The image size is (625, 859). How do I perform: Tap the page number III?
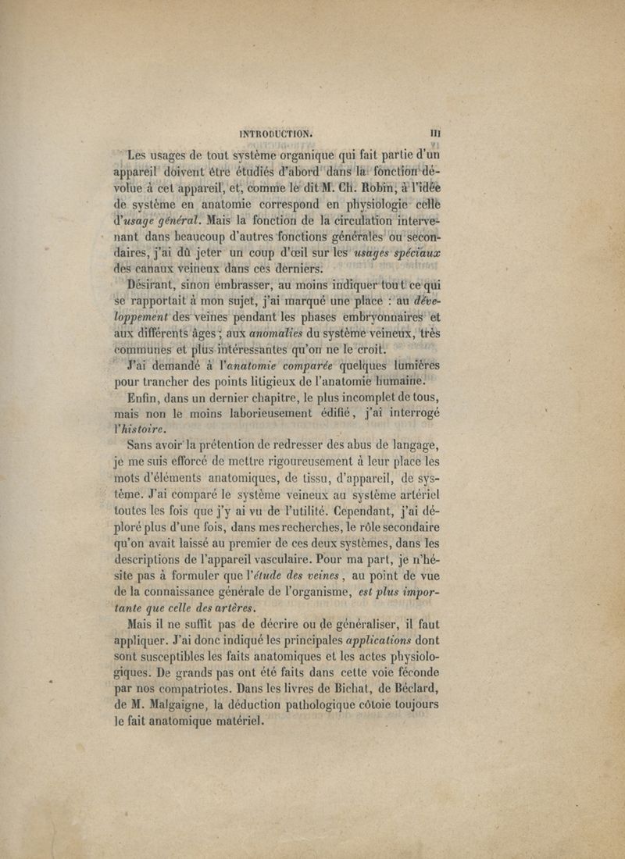pos(435,134)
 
